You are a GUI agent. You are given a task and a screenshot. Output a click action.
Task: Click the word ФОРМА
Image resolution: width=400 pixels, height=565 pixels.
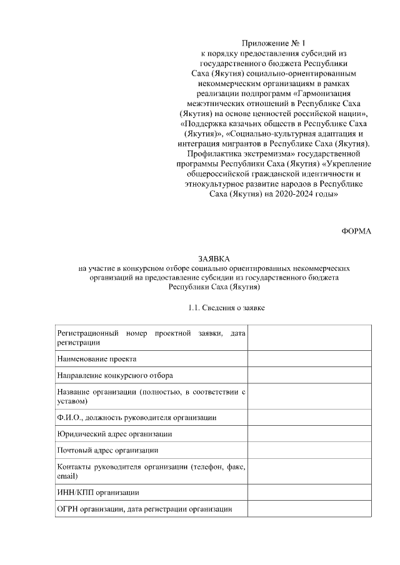[x=356, y=231]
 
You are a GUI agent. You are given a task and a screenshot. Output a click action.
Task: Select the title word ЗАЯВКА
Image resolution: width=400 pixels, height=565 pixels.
[x=214, y=258]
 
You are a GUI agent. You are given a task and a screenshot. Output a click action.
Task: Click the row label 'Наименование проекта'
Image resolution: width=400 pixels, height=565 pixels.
[x=96, y=359]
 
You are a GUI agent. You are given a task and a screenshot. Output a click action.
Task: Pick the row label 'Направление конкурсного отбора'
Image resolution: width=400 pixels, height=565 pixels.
[x=115, y=375]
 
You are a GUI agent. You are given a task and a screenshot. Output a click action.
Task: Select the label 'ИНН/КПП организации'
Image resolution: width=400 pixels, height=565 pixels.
[x=97, y=493]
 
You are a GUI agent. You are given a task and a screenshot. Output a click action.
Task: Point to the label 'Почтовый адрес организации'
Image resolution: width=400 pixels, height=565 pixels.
[x=107, y=450]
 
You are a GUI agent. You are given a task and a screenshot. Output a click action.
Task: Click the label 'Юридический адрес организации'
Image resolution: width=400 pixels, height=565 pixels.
[x=114, y=433]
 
